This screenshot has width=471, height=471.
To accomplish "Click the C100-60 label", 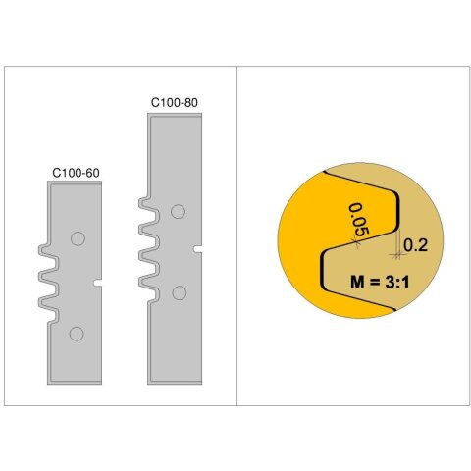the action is (76, 173).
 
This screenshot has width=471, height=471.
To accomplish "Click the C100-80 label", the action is (175, 102).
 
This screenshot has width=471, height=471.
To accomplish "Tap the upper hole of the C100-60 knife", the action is (78, 238).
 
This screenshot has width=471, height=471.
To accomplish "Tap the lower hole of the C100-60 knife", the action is (77, 334).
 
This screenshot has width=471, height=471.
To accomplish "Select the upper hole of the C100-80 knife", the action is (178, 212).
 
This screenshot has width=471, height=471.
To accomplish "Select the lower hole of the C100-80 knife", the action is (179, 292).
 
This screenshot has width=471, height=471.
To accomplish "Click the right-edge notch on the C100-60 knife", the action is (97, 283).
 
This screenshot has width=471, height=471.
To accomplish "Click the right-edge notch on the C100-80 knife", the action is (197, 249).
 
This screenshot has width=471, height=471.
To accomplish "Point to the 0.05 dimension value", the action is (358, 220).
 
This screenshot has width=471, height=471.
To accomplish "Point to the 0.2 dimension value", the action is (415, 245).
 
